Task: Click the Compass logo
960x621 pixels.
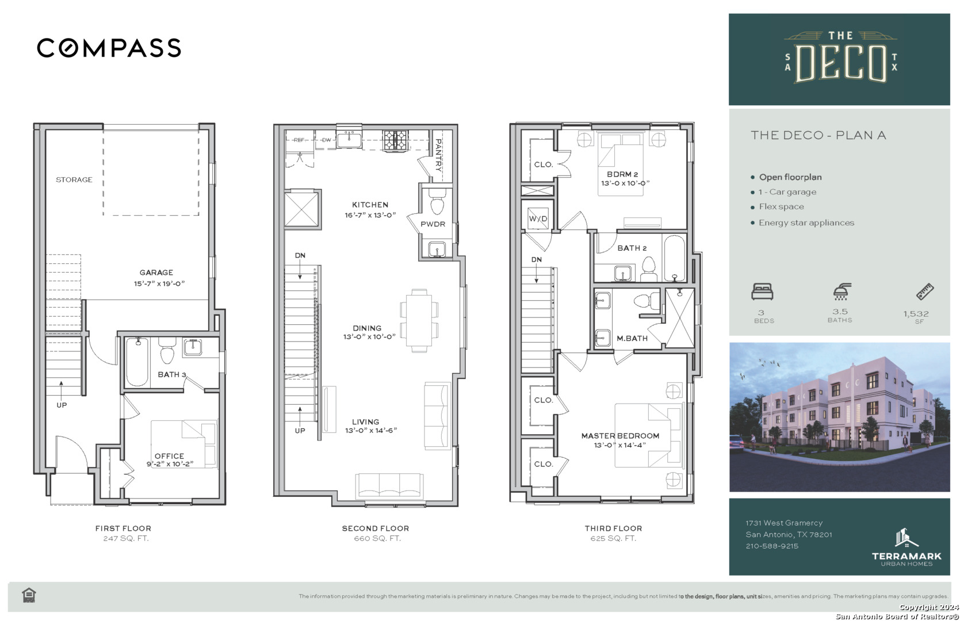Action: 109,48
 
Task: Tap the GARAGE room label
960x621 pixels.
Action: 156,273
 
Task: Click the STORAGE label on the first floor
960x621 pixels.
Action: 74,179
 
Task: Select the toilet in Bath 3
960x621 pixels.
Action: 167,350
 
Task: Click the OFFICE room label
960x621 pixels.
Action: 169,456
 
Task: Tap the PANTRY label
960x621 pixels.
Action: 439,155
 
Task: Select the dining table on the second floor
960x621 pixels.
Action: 419,320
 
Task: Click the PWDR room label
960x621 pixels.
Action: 433,224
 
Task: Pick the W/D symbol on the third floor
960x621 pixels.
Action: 538,218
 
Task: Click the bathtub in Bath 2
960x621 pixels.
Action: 674,258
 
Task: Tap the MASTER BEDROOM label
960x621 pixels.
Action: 620,436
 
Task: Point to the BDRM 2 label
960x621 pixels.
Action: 622,174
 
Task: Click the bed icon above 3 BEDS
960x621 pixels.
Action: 762,292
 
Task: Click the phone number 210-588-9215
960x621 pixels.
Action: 772,546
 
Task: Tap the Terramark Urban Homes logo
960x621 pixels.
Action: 907,547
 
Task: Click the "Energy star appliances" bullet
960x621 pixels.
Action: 802,223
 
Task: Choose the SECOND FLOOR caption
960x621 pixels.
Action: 376,528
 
